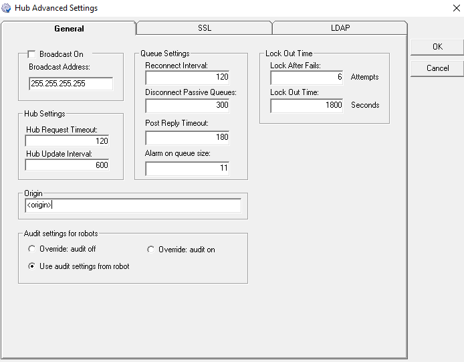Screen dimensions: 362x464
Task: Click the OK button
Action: pyautogui.click(x=437, y=47)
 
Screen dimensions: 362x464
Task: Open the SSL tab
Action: pyautogui.click(x=204, y=28)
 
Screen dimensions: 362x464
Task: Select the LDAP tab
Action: pyautogui.click(x=340, y=28)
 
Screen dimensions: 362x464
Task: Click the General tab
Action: pyautogui.click(x=69, y=29)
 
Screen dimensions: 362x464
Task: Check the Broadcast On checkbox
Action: pyautogui.click(x=31, y=54)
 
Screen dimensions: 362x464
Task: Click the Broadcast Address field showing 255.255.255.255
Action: pyautogui.click(x=71, y=84)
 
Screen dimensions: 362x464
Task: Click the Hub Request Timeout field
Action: pyautogui.click(x=67, y=141)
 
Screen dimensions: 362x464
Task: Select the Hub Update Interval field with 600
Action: pyautogui.click(x=67, y=165)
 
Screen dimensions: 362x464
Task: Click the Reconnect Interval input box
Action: pyautogui.click(x=187, y=77)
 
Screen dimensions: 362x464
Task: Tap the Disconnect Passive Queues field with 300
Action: pyautogui.click(x=187, y=105)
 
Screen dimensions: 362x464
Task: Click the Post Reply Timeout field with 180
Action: pyautogui.click(x=187, y=137)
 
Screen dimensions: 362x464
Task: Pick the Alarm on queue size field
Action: pyautogui.click(x=187, y=168)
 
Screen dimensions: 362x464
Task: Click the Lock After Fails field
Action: pyautogui.click(x=307, y=77)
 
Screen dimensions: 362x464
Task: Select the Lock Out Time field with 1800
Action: pyautogui.click(x=307, y=105)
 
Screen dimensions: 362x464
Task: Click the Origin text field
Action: pyautogui.click(x=132, y=205)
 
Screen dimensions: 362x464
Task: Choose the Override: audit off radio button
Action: pyautogui.click(x=31, y=250)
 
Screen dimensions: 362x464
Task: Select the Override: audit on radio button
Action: pyautogui.click(x=151, y=250)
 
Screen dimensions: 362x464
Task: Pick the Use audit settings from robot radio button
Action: pyautogui.click(x=31, y=266)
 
